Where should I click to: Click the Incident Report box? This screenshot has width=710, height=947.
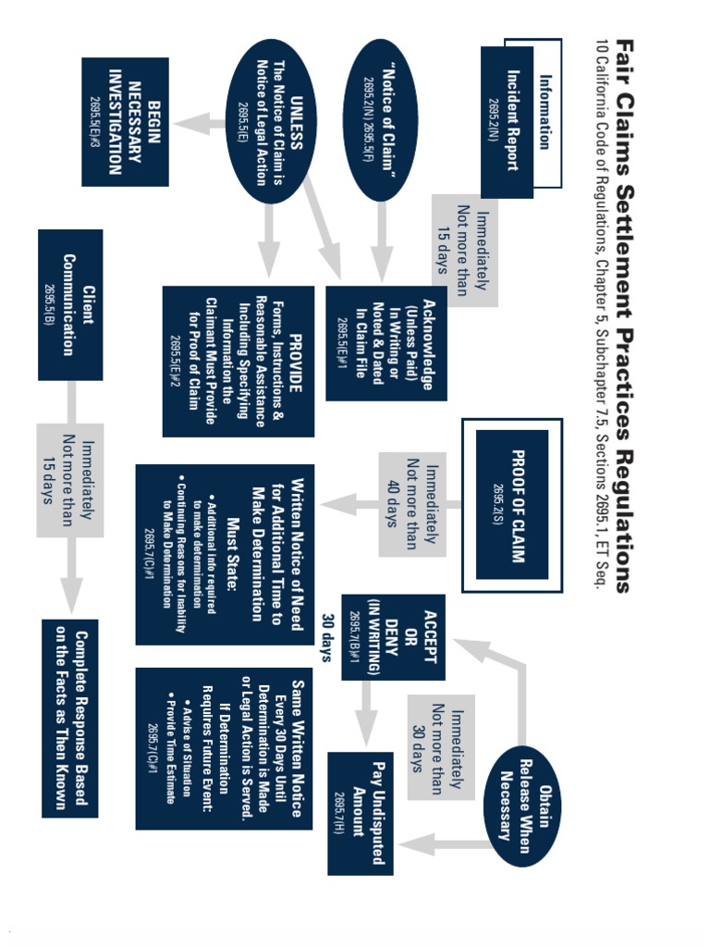[508, 122]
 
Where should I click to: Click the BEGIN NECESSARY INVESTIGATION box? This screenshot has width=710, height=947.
[125, 122]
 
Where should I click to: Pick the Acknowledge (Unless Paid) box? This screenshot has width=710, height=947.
[386, 343]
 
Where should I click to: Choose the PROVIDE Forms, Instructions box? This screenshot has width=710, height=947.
[239, 362]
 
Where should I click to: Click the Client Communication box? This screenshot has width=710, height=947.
[70, 305]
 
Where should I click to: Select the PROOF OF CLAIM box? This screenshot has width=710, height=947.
[512, 505]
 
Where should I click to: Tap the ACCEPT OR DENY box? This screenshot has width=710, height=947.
[394, 637]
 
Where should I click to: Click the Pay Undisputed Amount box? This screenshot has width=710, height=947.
[361, 814]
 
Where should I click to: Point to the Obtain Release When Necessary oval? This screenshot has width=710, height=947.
[522, 806]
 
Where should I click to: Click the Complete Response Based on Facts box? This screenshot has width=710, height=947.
[70, 719]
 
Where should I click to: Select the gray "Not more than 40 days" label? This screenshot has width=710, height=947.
[412, 504]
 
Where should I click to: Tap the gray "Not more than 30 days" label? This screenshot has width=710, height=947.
[441, 747]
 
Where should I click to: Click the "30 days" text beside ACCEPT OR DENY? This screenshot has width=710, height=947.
[328, 638]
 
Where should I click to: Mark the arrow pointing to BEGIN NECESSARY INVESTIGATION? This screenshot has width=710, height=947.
[199, 124]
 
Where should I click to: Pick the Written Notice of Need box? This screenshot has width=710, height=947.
[225, 555]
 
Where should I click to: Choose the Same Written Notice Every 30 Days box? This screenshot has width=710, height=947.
[224, 749]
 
